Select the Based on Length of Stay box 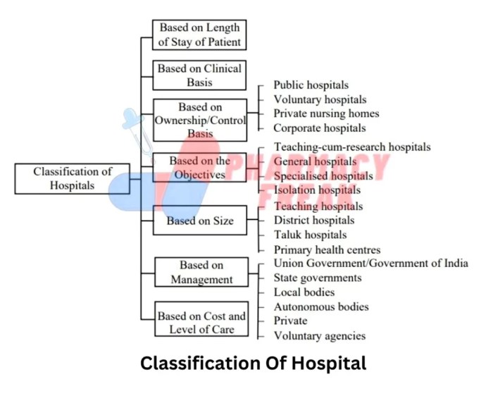point(199,35)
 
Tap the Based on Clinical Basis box point(199,75)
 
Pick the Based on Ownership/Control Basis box point(200,120)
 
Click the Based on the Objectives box point(199,168)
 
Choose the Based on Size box point(200,221)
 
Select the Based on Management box point(201,273)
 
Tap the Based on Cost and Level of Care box point(201,323)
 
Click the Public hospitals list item point(311,85)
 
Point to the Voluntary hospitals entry point(320,100)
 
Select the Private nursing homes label point(326,113)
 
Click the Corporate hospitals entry point(320,128)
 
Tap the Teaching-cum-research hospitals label point(352,147)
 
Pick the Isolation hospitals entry point(317,190)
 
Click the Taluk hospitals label point(310,235)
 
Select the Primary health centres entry point(327,250)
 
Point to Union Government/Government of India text point(370,264)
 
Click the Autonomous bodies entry point(321,307)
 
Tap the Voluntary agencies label point(320,336)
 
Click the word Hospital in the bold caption point(327,364)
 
